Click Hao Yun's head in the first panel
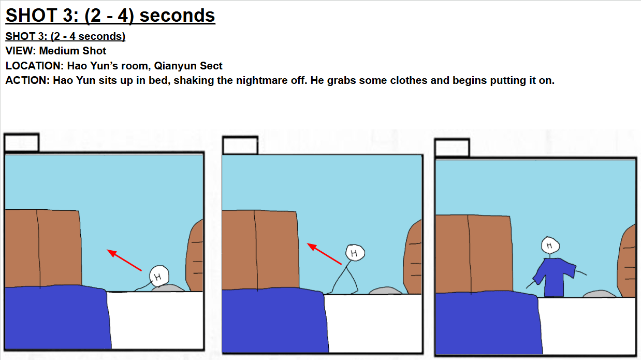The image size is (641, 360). click(159, 276)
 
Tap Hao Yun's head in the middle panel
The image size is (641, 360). click(355, 253)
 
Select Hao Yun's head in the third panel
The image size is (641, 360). click(550, 245)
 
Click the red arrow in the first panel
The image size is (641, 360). click(124, 260)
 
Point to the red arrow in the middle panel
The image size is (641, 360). click(324, 254)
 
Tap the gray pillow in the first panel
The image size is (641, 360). click(168, 288)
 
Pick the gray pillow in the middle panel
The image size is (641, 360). click(385, 291)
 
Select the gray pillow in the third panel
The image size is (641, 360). click(599, 294)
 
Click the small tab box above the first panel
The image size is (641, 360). click(22, 142)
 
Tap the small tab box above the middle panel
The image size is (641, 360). click(240, 145)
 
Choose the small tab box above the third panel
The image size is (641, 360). click(452, 148)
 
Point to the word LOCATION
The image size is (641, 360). click(34, 66)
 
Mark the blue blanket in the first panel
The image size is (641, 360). click(57, 318)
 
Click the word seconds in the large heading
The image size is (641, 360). click(177, 16)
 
